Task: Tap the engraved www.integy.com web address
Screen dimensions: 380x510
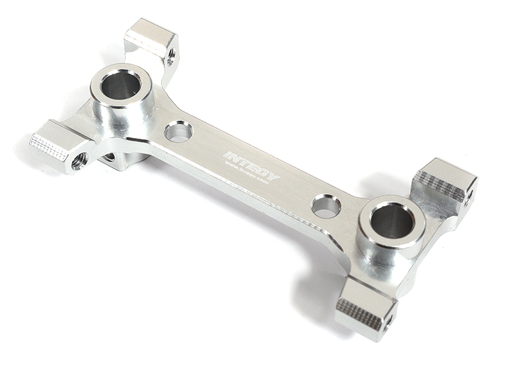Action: (x=248, y=174)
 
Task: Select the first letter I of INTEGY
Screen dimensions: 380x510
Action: (x=226, y=154)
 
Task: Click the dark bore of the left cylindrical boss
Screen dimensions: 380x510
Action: (x=120, y=85)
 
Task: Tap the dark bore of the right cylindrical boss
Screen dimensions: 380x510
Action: (x=391, y=220)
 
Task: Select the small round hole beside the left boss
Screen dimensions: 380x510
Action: (x=178, y=132)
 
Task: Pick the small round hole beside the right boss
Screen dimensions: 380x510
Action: (x=326, y=206)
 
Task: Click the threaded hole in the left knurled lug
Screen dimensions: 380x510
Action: (x=79, y=161)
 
